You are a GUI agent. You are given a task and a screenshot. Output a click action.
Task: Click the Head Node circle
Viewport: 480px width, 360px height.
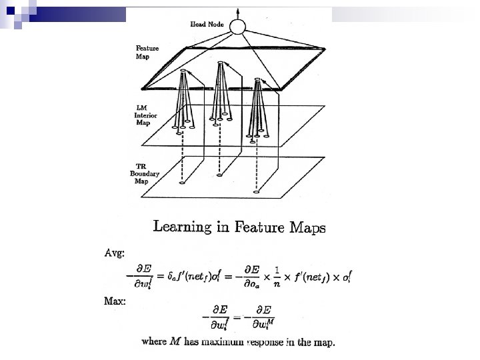[x=238, y=27]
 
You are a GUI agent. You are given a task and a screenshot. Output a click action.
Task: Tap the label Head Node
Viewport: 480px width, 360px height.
[x=207, y=25]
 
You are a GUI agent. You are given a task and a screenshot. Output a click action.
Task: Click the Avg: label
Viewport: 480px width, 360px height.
[x=113, y=253]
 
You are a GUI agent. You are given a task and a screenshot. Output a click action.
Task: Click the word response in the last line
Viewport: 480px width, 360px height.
[x=265, y=343]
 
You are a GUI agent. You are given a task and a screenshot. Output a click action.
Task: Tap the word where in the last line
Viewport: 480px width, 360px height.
[x=155, y=343]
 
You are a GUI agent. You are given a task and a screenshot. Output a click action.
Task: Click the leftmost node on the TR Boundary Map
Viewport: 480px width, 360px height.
[x=182, y=182]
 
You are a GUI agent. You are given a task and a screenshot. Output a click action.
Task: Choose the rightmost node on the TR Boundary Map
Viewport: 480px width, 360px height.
[x=257, y=192]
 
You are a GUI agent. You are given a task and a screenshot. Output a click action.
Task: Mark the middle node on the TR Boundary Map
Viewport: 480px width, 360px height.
[x=219, y=175]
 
